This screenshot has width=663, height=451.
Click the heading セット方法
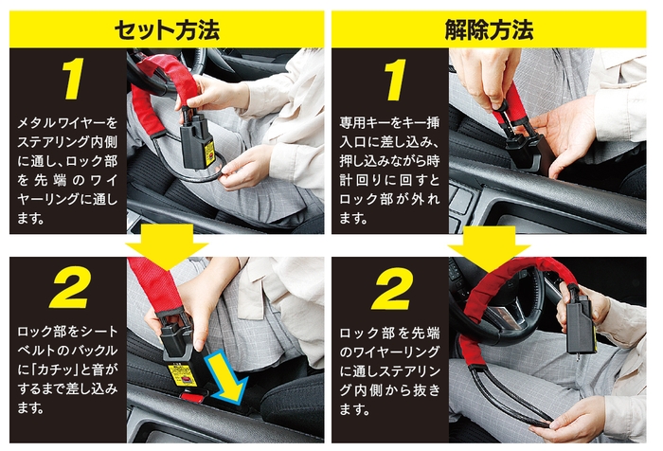point(166,28)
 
